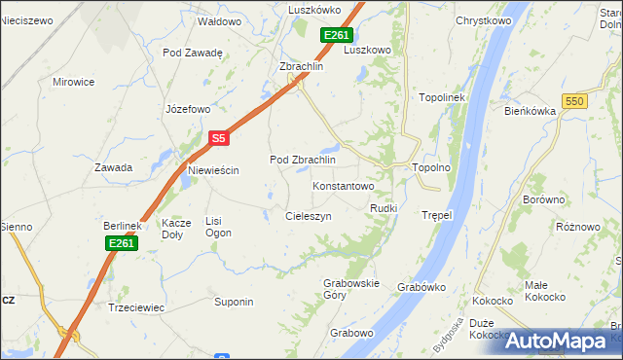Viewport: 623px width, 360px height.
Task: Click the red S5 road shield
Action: click(x=219, y=139)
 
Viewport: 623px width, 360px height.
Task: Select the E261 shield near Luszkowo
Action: click(x=337, y=36)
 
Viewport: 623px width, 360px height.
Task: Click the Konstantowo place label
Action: click(x=343, y=185)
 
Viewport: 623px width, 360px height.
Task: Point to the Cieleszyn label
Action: click(x=309, y=216)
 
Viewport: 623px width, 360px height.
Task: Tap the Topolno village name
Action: click(x=431, y=167)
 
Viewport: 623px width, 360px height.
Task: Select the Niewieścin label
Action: click(x=213, y=170)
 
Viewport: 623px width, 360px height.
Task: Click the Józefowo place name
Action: click(x=188, y=109)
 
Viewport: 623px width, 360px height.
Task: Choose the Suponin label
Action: click(x=234, y=302)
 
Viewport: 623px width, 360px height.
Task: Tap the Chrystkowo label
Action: click(x=484, y=20)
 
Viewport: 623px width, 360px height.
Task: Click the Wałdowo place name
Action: click(x=219, y=20)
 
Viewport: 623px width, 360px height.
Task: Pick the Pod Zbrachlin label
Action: click(x=302, y=160)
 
